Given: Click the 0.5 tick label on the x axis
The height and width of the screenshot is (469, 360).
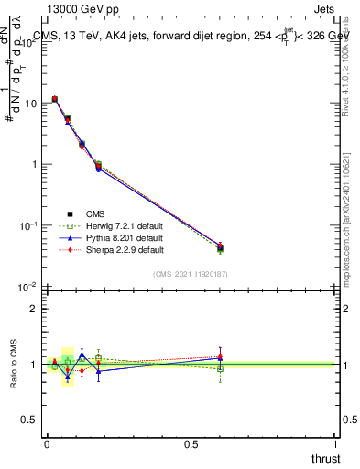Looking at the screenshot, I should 191,444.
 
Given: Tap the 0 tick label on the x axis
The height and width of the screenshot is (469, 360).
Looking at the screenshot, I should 47,444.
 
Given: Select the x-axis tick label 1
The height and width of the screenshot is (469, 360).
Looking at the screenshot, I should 336,444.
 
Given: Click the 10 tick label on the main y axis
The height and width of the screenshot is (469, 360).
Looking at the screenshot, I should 30,104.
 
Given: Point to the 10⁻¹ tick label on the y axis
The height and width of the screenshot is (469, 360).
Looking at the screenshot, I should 28,225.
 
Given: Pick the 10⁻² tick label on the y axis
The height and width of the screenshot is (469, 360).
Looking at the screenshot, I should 28,287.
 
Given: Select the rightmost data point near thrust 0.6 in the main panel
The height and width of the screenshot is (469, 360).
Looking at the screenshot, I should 220,247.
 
